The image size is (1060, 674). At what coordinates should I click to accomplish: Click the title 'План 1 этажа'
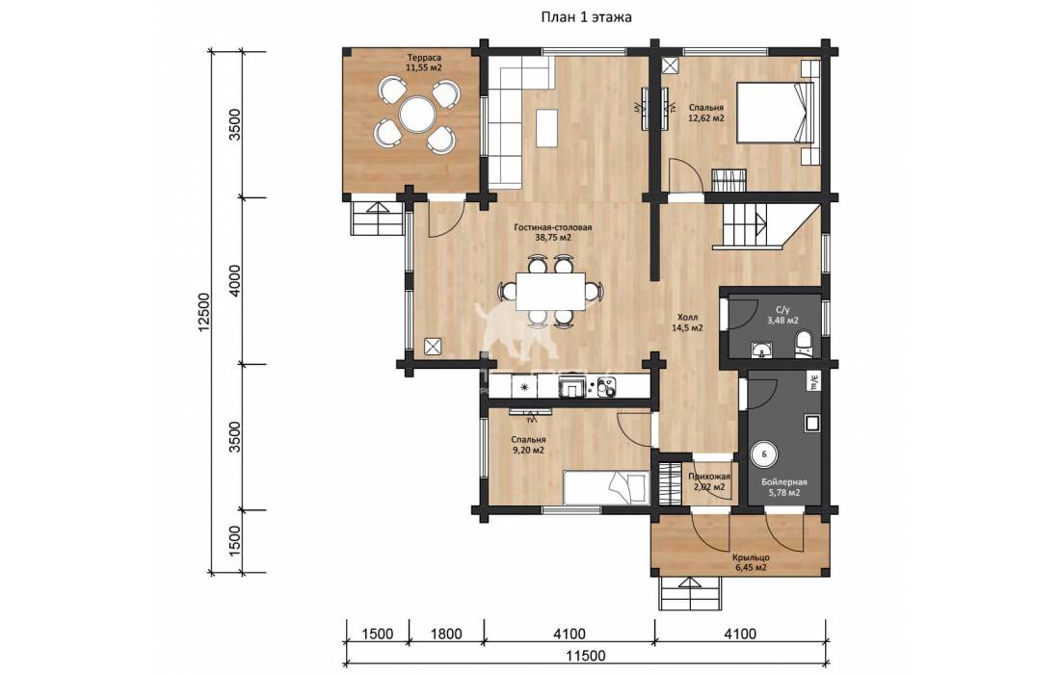[x=586, y=17]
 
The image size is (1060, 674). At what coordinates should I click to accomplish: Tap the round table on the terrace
[x=415, y=115]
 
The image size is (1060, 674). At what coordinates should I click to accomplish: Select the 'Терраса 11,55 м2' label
[x=424, y=63]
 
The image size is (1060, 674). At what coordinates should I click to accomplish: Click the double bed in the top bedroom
[x=774, y=112]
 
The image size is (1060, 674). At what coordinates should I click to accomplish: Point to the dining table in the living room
[x=551, y=291]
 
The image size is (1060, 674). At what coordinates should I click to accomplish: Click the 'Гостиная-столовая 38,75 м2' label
[x=553, y=232]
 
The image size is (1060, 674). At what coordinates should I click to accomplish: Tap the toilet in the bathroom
[x=804, y=343]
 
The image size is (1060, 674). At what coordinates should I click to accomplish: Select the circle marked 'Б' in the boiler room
[x=764, y=454]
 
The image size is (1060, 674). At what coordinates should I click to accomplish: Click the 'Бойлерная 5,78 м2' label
[x=784, y=487]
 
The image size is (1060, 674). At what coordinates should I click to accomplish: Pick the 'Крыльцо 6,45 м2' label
[x=751, y=562]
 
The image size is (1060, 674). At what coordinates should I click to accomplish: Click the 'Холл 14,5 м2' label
[x=687, y=323]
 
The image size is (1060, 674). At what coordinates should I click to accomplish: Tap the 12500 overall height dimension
[x=205, y=311]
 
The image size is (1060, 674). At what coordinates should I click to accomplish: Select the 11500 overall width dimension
[x=586, y=656]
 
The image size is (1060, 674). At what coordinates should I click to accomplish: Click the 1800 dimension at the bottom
[x=446, y=635]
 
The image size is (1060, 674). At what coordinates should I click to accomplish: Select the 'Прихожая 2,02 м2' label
[x=708, y=481]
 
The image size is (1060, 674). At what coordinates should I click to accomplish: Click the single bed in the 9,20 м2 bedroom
[x=607, y=487]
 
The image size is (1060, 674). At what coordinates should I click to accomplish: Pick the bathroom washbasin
[x=763, y=350]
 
